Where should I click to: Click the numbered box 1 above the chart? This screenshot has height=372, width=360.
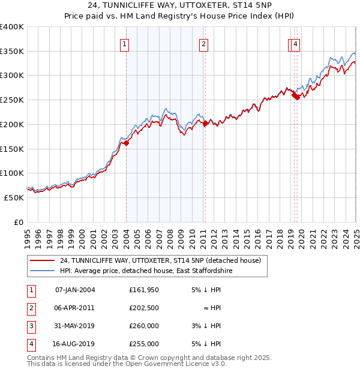pos(124,43)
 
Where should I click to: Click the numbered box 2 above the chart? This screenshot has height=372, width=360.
pos(204,43)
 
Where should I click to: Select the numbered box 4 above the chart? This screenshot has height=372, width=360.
pos(296,43)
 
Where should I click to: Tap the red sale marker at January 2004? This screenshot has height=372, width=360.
pos(127,143)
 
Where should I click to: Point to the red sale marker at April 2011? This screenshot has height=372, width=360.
pos(206,123)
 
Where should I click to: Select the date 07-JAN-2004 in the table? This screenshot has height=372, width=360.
pos(75,290)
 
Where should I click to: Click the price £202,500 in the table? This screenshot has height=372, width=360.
pos(144,308)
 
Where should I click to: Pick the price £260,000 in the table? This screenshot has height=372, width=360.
pos(144,326)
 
